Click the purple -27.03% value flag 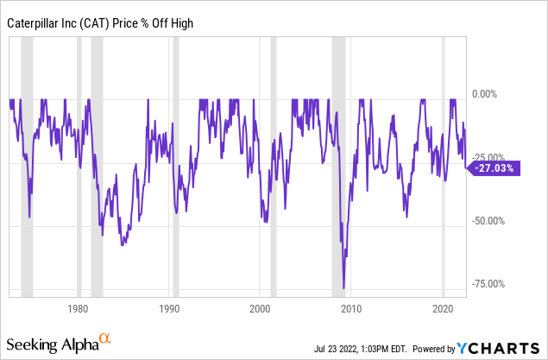point(494,168)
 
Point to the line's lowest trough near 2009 point(343,287)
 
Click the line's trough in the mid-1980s point(123,245)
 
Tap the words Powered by point(434,349)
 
